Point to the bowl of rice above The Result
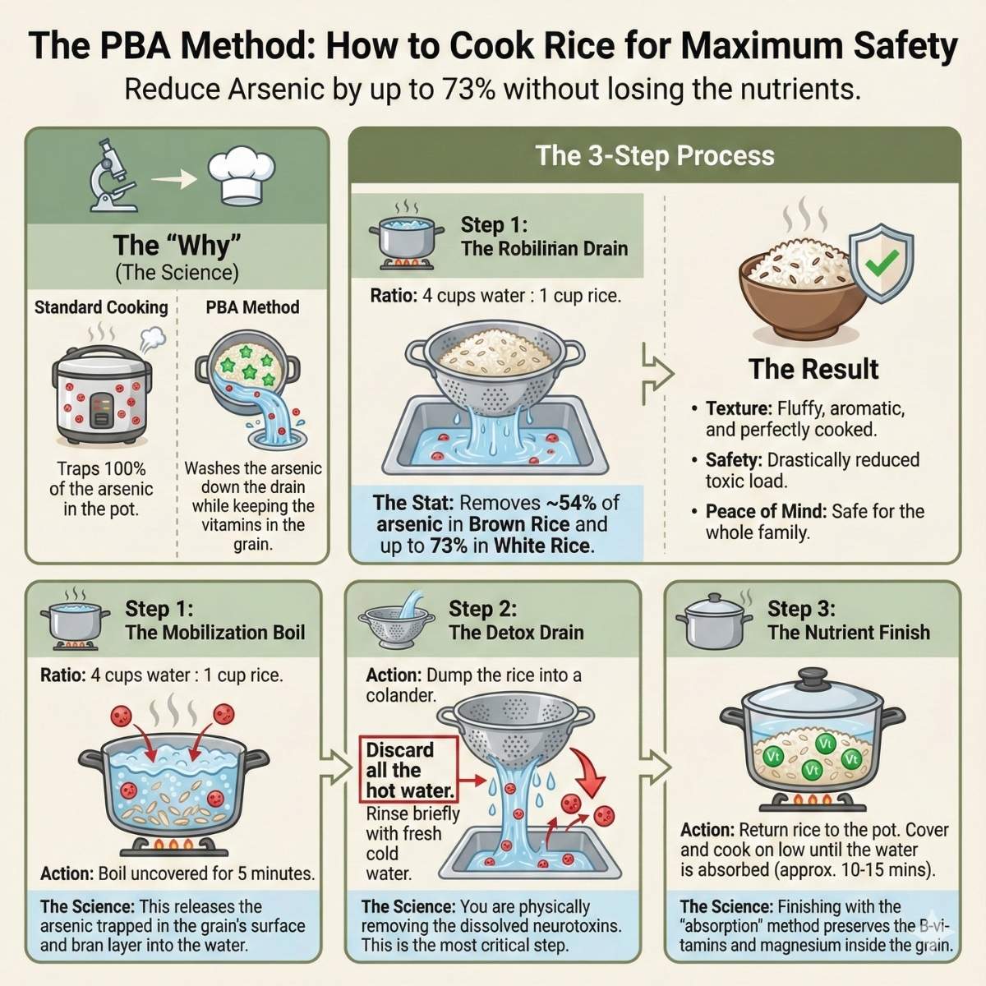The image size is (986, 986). [x=801, y=288]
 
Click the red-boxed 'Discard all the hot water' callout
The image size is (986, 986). [x=408, y=770]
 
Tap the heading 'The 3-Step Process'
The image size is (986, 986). [x=655, y=155]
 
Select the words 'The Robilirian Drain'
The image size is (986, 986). [x=544, y=249]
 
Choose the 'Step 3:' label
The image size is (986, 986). [x=801, y=609]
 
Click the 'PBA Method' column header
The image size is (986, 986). [x=252, y=307]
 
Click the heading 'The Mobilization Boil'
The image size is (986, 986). [x=214, y=632]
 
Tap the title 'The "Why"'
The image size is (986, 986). [x=177, y=245]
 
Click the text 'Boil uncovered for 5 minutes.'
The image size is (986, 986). [x=206, y=873]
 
